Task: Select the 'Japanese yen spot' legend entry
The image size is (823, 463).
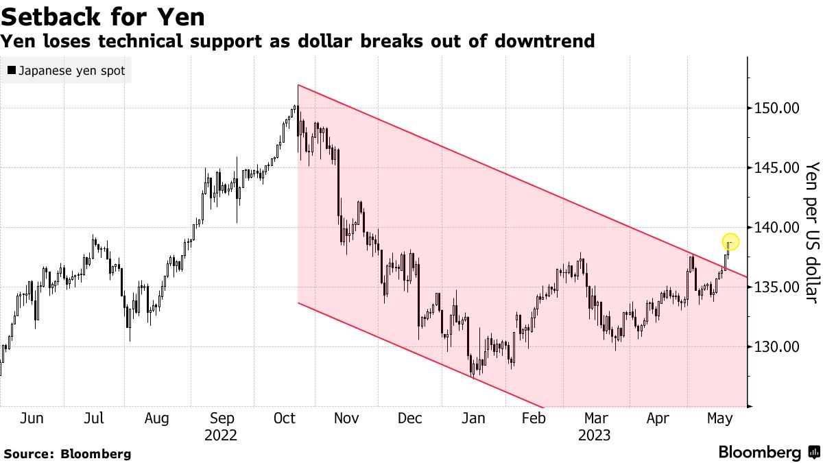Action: click(x=66, y=70)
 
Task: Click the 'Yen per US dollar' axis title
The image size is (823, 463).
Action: click(x=811, y=232)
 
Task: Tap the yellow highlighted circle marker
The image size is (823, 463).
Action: click(x=730, y=241)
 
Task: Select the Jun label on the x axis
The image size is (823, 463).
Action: click(x=32, y=418)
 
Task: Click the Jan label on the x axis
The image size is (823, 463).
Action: click(x=473, y=418)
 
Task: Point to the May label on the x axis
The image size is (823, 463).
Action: click(x=719, y=418)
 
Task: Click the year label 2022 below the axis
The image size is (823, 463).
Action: click(x=221, y=435)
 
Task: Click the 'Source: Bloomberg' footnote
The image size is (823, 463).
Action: click(x=67, y=453)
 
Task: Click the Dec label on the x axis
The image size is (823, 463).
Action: click(x=410, y=418)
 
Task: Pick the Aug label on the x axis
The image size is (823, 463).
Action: click(x=157, y=418)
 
